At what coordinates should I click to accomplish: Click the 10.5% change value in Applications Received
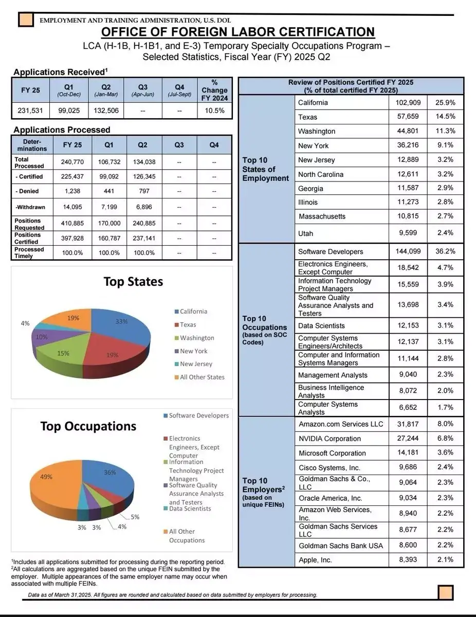pyautogui.click(x=214, y=111)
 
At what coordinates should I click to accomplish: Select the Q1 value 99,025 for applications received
pyautogui.click(x=69, y=111)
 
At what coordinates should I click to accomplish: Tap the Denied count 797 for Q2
pyautogui.click(x=144, y=191)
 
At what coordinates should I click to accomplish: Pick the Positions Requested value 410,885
pyautogui.click(x=72, y=223)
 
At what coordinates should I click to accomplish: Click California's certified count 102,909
pyautogui.click(x=408, y=102)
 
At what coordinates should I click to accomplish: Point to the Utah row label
pyautogui.click(x=305, y=233)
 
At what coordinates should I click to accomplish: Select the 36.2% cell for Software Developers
pyautogui.click(x=445, y=251)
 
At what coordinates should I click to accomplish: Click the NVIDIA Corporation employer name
pyautogui.click(x=330, y=439)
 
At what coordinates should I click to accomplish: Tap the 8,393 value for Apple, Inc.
pyautogui.click(x=408, y=559)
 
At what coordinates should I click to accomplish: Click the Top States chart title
pyautogui.click(x=134, y=282)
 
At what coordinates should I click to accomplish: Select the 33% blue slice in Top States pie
pyautogui.click(x=121, y=326)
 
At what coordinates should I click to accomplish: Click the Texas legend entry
pyautogui.click(x=186, y=324)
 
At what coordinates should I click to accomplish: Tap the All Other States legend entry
pyautogui.click(x=199, y=377)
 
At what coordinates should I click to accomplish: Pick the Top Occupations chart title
pyautogui.click(x=88, y=426)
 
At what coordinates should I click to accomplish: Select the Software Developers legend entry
pyautogui.click(x=196, y=415)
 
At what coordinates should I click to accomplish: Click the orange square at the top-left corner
pyautogui.click(x=26, y=20)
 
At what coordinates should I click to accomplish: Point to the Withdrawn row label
pyautogui.click(x=30, y=207)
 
